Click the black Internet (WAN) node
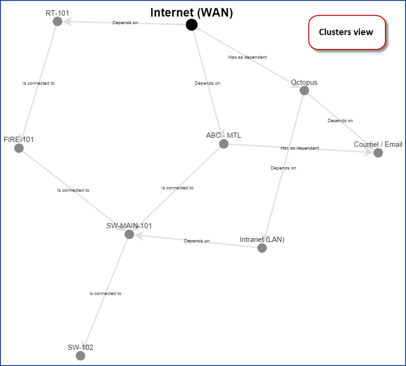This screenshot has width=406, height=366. [x=191, y=25]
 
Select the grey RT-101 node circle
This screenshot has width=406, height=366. [x=58, y=21]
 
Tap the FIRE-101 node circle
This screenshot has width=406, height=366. [x=19, y=148]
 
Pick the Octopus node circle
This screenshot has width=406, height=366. [x=304, y=90]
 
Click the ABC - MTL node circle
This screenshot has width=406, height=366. [x=224, y=144]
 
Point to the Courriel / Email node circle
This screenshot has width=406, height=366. [x=378, y=153]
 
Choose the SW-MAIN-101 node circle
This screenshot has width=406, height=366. [x=129, y=234]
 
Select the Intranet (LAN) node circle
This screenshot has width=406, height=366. [x=262, y=248]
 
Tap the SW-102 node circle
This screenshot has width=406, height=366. [x=80, y=356]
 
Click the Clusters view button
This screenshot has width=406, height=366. [x=346, y=32]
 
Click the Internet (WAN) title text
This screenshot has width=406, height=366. [x=192, y=13]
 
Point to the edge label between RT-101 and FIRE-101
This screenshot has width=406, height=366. [x=38, y=83]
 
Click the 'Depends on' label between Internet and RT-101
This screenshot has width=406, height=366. [x=125, y=22]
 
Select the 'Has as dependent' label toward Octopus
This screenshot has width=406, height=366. [x=247, y=57]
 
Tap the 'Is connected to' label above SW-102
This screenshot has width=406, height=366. [x=105, y=294]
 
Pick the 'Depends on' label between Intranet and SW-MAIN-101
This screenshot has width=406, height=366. [x=196, y=241]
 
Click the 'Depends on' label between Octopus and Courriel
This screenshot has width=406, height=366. [x=340, y=121]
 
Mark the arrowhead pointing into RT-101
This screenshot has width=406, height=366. [x=68, y=21]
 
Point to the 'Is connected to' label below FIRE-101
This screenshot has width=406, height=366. [x=73, y=190]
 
